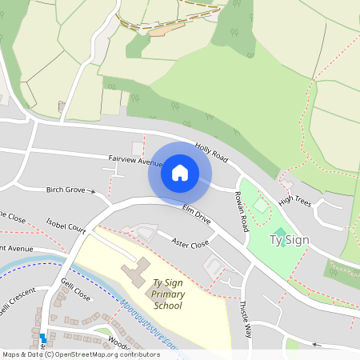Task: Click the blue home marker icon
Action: point(180,172)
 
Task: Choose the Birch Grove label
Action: point(66,190)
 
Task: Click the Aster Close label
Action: point(190,242)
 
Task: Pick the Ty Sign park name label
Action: point(289,239)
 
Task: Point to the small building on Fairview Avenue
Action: point(137,148)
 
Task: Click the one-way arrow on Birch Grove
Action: point(94,191)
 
